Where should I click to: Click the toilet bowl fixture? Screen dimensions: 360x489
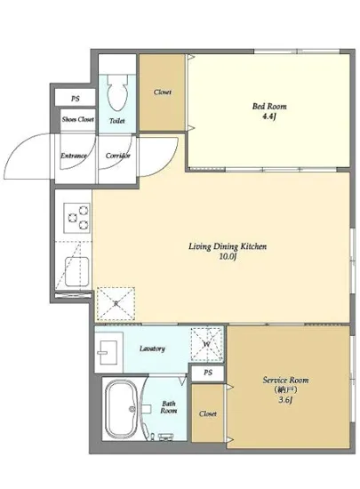[x=117, y=92]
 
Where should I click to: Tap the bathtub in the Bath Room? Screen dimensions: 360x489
[x=122, y=408]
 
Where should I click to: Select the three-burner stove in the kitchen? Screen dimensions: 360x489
[x=77, y=218]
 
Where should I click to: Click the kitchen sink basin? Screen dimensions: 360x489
[x=77, y=271]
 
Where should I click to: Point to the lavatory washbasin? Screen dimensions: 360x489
[x=108, y=352]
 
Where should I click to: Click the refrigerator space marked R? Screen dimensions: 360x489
[x=116, y=304]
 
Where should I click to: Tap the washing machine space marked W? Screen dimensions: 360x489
[x=206, y=344]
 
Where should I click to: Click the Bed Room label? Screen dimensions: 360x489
[x=269, y=107]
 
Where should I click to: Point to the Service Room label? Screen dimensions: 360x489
[x=285, y=381]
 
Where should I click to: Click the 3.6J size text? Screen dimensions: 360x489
[x=285, y=400]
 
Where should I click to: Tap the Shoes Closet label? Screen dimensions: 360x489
[x=78, y=119]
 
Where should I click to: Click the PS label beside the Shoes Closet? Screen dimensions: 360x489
[x=76, y=99]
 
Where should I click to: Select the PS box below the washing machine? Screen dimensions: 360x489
[x=208, y=373]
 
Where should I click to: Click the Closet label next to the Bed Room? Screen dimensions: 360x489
[x=163, y=92]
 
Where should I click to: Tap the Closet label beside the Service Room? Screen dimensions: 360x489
[x=208, y=413]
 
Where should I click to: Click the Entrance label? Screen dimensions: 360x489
[x=74, y=156]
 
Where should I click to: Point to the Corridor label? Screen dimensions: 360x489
[x=117, y=156]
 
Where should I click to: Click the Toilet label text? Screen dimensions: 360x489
[x=117, y=121]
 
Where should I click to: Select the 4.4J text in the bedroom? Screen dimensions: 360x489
[x=269, y=117]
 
